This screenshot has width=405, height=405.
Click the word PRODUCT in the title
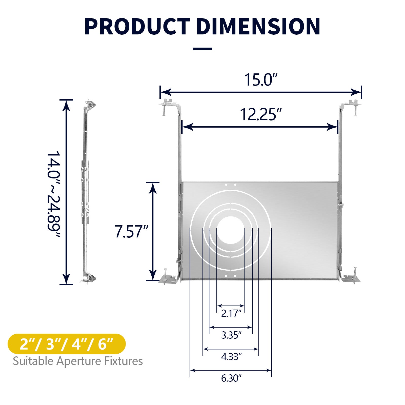pyautogui.click(x=137, y=27)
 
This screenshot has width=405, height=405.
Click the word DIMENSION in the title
pyautogui.click(x=258, y=27)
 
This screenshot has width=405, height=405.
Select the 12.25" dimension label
pyautogui.click(x=261, y=114)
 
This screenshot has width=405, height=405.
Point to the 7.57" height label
pyautogui.click(x=131, y=231)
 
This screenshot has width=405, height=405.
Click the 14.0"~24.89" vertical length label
pyautogui.click(x=53, y=194)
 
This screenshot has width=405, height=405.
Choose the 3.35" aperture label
pyautogui.click(x=231, y=335)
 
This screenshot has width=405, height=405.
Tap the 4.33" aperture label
pyautogui.click(x=231, y=357)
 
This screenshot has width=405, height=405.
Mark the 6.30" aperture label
pyautogui.click(x=231, y=378)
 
